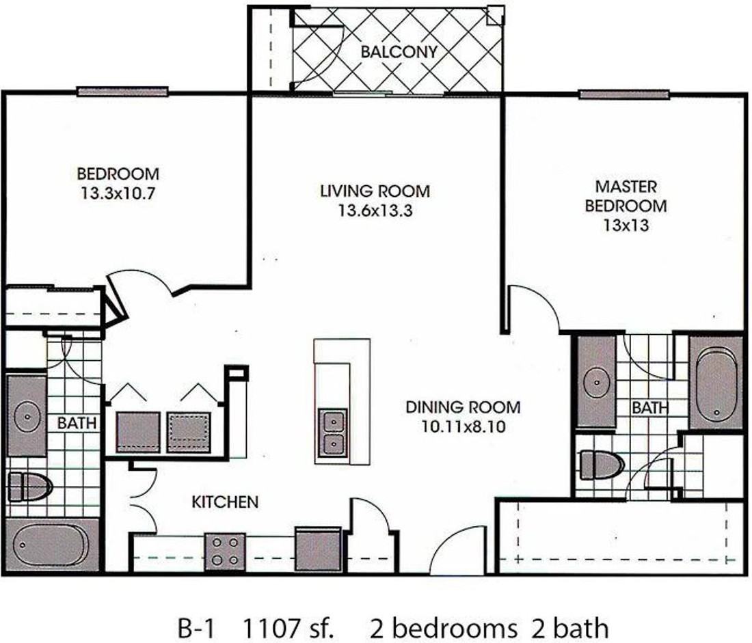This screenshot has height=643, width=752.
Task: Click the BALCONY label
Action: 399,51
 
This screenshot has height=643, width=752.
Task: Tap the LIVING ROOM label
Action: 375,191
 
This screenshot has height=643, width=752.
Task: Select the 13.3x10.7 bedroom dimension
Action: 118,193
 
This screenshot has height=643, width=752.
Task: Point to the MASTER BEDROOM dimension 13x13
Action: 626,224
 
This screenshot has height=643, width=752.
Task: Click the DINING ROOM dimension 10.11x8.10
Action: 464,426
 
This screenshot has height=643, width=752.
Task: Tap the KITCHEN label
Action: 225,502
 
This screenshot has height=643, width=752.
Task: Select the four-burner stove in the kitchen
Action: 225,551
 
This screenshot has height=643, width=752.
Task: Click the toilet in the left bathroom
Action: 29,486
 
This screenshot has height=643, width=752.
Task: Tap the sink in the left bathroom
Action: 27,416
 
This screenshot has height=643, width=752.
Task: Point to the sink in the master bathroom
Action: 597,383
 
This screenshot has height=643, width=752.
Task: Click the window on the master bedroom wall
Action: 623,94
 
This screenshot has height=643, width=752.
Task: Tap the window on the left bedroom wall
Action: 122,91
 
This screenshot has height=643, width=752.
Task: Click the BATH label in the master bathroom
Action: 650,407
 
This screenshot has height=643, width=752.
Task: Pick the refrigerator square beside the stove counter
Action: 318,549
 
